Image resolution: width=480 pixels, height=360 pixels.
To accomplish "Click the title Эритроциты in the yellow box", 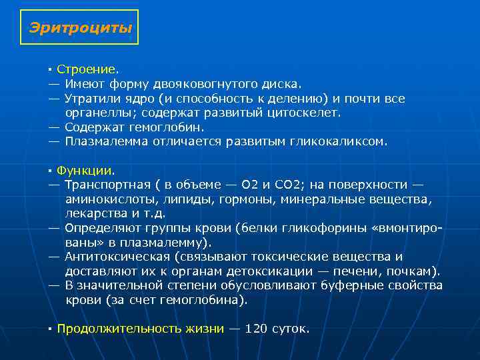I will (80, 28).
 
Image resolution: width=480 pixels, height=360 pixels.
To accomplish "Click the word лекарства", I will (95, 213).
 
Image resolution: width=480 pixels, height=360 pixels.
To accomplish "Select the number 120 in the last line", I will (256, 329).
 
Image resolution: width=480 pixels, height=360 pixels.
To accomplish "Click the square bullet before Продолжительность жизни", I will (50, 329).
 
